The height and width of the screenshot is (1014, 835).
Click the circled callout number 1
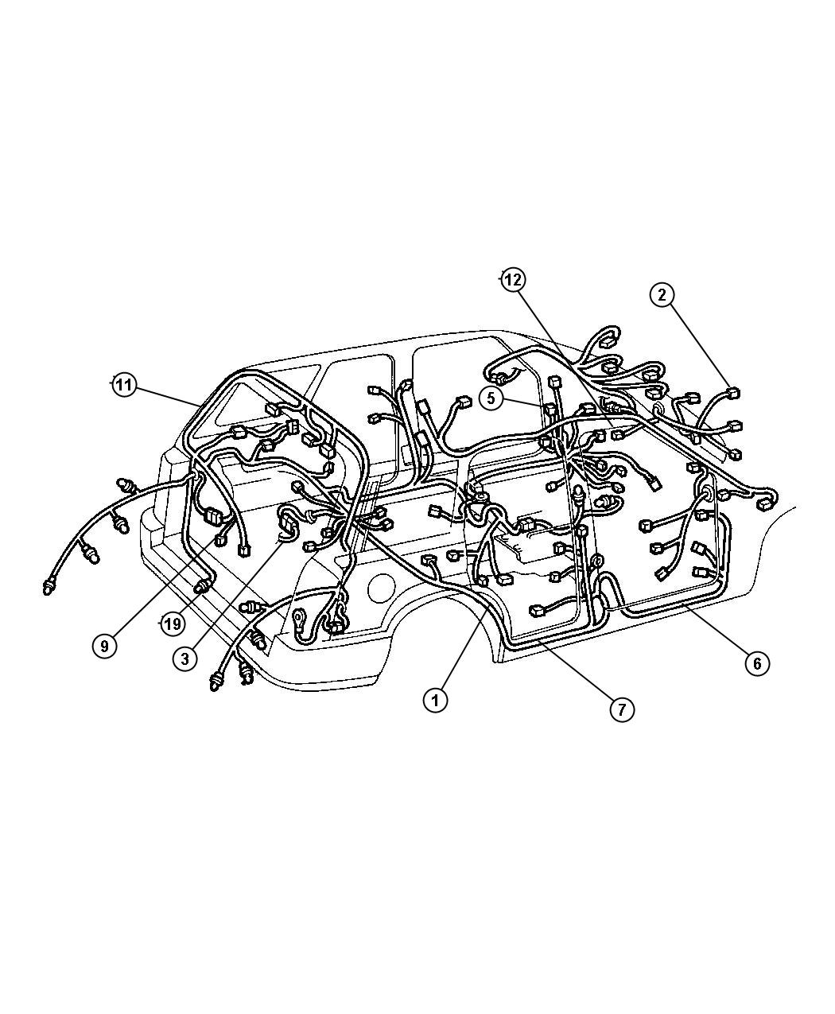[x=435, y=701]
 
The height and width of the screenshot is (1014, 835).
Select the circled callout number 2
[x=662, y=295]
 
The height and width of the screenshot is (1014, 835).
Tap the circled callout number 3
[x=185, y=659]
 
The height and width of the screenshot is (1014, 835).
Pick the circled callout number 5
[x=491, y=398]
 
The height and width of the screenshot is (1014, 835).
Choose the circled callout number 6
[x=757, y=663]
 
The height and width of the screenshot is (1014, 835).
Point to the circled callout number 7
[x=622, y=710]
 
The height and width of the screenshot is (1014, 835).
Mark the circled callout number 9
[x=104, y=646]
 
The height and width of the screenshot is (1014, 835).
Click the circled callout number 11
[x=123, y=386]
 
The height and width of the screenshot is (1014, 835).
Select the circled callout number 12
[x=514, y=280]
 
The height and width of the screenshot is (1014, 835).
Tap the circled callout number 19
[x=173, y=624]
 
